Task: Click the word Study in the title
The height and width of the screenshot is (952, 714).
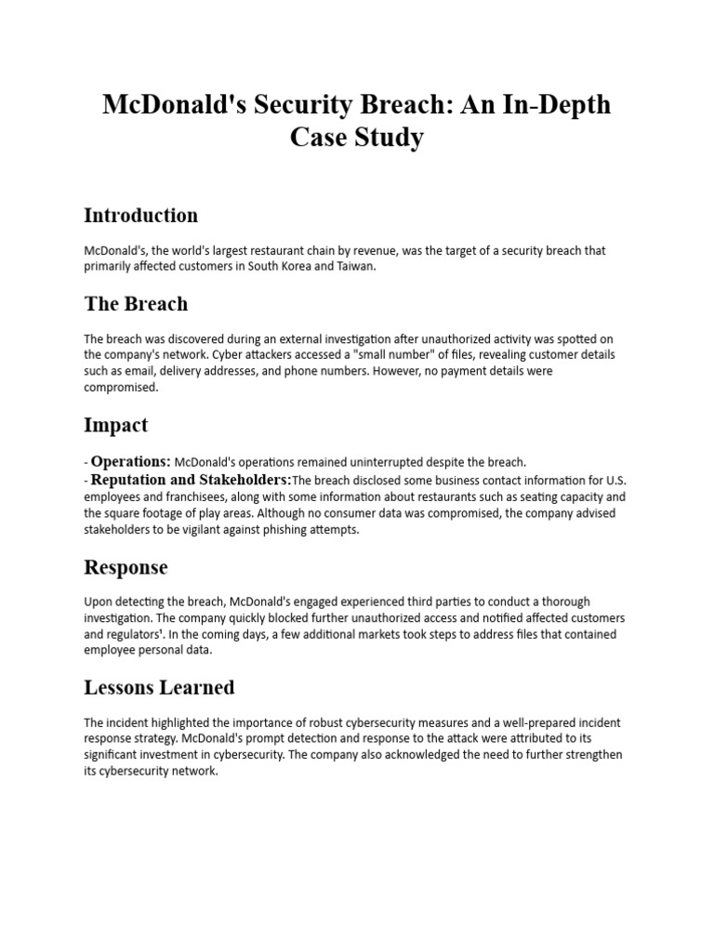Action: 390,138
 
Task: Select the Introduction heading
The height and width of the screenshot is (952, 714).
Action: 140,216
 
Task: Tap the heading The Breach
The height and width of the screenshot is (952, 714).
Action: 136,304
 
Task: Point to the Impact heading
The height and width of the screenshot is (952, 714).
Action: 116,425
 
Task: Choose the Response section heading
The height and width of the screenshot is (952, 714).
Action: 126,567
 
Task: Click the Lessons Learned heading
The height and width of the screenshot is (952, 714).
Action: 159,688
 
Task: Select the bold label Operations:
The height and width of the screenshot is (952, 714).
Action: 131,462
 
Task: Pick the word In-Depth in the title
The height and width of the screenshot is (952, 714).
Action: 553,104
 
